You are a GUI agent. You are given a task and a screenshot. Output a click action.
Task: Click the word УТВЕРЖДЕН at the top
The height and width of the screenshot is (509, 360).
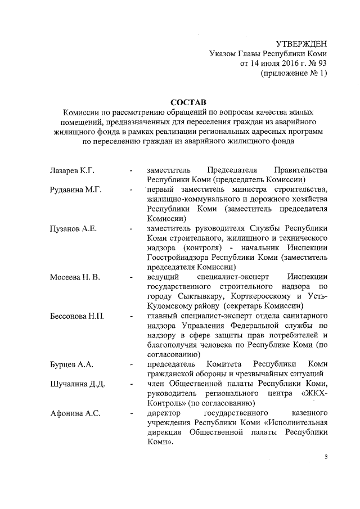(x=301, y=44)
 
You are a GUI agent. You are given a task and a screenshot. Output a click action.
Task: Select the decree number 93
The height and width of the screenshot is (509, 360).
(x=321, y=64)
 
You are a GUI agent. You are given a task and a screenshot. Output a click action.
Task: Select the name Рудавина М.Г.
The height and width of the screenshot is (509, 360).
(x=75, y=190)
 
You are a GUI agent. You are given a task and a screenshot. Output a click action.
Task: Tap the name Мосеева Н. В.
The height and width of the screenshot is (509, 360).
(x=75, y=278)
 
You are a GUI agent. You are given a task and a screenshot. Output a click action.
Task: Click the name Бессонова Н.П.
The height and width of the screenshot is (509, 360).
(x=78, y=317)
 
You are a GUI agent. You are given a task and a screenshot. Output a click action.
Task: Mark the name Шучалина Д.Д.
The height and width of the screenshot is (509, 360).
(x=77, y=384)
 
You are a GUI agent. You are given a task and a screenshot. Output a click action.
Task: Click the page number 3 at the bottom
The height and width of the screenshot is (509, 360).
(x=325, y=457)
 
